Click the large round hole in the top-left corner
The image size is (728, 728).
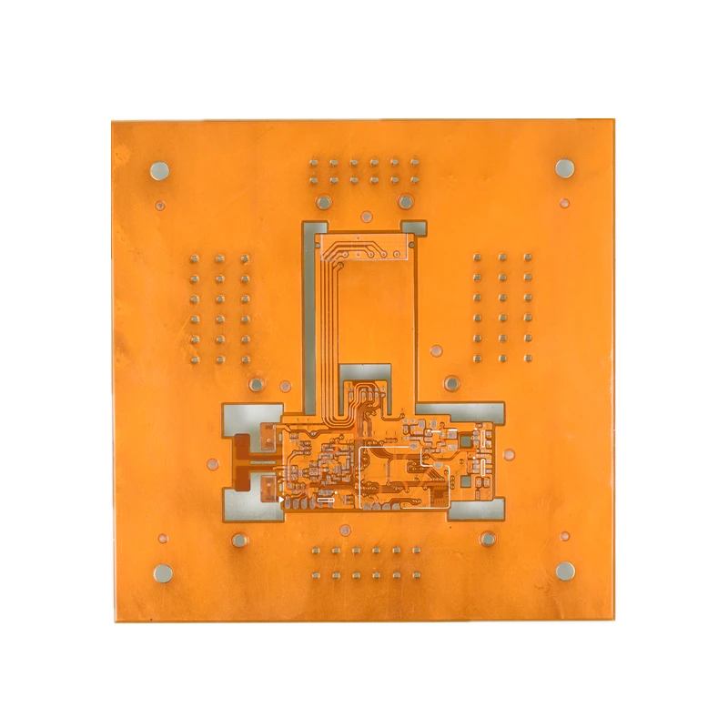tap(159, 170)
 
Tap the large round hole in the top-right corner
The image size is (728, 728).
tap(565, 167)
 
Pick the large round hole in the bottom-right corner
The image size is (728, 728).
tap(566, 571)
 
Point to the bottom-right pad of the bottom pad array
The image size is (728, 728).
tap(416, 575)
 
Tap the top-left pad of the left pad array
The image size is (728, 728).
tap(194, 259)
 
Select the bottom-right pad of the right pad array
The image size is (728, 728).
tap(528, 358)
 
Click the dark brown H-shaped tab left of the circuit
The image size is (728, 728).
tap(244, 459)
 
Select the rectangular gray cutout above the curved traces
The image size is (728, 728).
tap(366, 373)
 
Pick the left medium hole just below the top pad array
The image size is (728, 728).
tap(323, 202)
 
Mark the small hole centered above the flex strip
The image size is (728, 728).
tap(366, 217)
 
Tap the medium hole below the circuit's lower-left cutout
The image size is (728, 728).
tap(239, 540)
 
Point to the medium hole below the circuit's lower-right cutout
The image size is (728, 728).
tap(488, 539)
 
